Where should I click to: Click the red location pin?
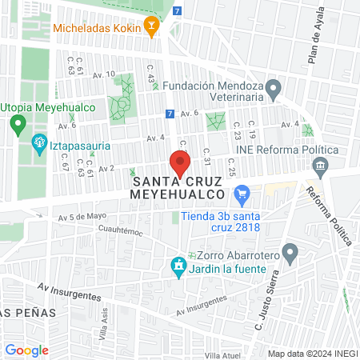[180, 165]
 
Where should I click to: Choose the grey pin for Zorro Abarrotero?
[290, 254]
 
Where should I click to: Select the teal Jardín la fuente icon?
[178, 267]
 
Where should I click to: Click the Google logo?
[26, 350]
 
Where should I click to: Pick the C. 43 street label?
[150, 80]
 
